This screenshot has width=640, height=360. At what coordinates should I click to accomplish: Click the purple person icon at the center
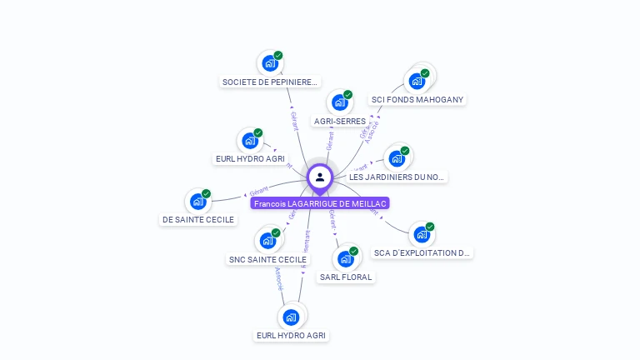click(320, 177)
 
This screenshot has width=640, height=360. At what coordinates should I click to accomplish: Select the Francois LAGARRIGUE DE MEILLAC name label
click(320, 202)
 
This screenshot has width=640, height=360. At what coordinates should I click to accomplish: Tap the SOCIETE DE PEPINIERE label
click(270, 82)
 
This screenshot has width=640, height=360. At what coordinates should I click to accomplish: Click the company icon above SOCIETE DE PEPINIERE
click(269, 62)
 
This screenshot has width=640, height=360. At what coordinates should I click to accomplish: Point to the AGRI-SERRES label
click(339, 122)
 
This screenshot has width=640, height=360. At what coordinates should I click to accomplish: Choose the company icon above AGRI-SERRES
click(339, 102)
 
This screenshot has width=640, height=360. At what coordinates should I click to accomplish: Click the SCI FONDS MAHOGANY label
click(417, 100)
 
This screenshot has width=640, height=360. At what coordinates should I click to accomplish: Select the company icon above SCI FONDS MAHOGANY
click(416, 81)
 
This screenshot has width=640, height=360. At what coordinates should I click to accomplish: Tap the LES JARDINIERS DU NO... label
click(397, 177)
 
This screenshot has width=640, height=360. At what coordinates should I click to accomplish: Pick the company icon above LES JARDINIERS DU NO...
click(397, 158)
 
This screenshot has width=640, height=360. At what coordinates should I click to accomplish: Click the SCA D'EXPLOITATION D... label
click(422, 252)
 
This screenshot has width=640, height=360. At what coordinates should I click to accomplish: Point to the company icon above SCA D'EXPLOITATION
click(422, 234)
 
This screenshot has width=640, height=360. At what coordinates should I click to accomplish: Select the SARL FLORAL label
click(346, 277)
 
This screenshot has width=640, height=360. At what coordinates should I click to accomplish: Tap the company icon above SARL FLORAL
click(345, 258)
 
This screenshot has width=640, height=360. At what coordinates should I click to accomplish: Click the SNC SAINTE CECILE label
click(268, 260)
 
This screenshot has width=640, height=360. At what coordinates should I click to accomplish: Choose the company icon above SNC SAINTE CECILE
click(268, 241)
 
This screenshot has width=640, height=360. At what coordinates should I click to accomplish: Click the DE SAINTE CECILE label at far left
click(198, 220)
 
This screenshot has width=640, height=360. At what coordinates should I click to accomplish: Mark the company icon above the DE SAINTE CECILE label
click(198, 201)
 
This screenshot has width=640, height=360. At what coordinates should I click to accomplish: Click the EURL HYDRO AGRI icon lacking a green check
click(291, 317)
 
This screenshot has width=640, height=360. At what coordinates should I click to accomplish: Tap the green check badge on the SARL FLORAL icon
click(353, 251)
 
